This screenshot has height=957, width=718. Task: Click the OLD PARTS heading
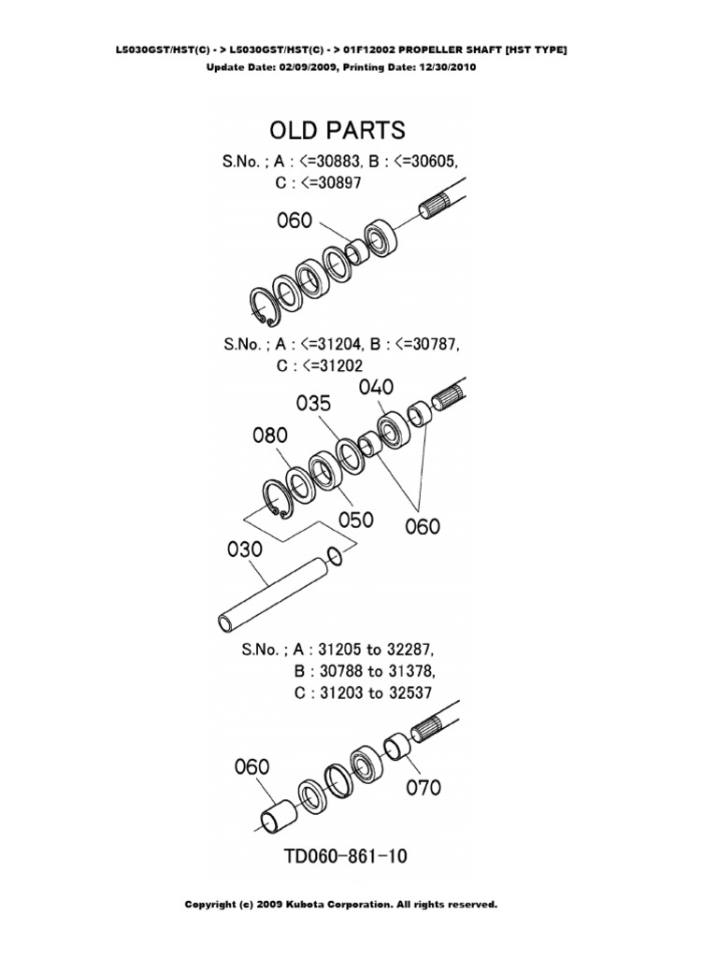[337, 130]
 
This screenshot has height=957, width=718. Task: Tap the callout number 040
[376, 387]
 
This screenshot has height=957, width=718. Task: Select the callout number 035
[314, 403]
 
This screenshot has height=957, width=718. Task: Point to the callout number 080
[270, 436]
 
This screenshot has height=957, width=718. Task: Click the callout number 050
[355, 520]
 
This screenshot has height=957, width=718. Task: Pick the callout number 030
[245, 550]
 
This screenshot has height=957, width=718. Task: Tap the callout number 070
[424, 787]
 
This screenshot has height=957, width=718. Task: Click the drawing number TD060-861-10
[346, 856]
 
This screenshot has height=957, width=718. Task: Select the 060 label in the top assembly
[294, 221]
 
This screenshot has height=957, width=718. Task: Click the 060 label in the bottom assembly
[251, 766]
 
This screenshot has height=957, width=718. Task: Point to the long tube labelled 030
[274, 593]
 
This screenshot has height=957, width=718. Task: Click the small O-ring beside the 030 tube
[335, 555]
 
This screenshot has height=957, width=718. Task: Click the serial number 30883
[336, 162]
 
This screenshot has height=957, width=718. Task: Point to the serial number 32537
[410, 693]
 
